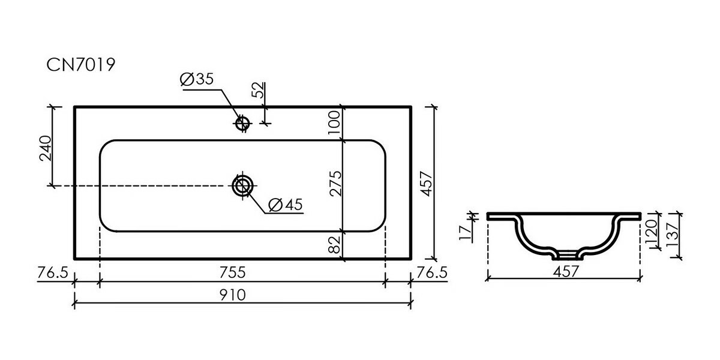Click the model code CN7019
pyautogui.click(x=80, y=65)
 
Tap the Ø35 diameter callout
pyautogui.click(x=197, y=79)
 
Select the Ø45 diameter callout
pyautogui.click(x=286, y=205)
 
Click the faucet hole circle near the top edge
pyautogui.click(x=242, y=123)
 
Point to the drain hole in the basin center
pyautogui.click(x=242, y=186)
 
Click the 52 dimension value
pyautogui.click(x=258, y=90)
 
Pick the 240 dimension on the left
pyautogui.click(x=46, y=148)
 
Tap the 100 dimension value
pyautogui.click(x=335, y=123)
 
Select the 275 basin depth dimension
pyautogui.click(x=335, y=184)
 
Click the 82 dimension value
pyautogui.click(x=335, y=245)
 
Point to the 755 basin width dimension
pyautogui.click(x=232, y=272)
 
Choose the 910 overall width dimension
pyautogui.click(x=232, y=295)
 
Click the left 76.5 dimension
pyautogui.click(x=53, y=272)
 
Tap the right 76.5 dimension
pyautogui.click(x=432, y=272)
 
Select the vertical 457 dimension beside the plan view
pyautogui.click(x=427, y=184)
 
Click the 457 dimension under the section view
pyautogui.click(x=566, y=272)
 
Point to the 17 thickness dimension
pyautogui.click(x=466, y=233)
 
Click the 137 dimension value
pyautogui.click(x=673, y=235)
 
